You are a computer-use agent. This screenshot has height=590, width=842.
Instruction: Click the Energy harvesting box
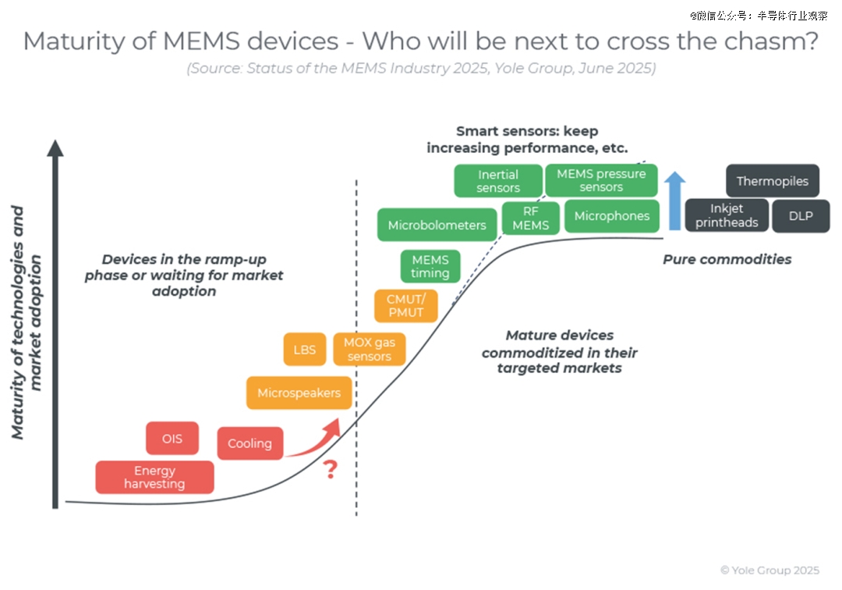(x=154, y=478)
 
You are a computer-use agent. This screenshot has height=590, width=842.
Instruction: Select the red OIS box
(x=172, y=439)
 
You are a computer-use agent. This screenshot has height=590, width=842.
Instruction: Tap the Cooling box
(x=250, y=443)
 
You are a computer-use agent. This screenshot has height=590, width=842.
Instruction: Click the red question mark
(x=331, y=470)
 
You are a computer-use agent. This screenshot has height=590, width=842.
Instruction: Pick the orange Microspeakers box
(x=299, y=393)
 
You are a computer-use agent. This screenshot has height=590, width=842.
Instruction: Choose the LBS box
(x=305, y=349)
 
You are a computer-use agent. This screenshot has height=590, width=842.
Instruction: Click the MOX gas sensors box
(x=370, y=349)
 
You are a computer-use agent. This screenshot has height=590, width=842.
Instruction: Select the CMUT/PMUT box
(x=405, y=305)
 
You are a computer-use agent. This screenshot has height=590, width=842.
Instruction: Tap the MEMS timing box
(x=430, y=266)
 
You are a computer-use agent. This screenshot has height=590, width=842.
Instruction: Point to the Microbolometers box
(x=437, y=225)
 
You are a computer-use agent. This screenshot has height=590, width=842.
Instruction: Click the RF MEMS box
(x=531, y=217)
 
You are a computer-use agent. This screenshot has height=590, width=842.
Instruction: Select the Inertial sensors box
(x=498, y=181)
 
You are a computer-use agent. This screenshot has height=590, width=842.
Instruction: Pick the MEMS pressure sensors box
(x=601, y=180)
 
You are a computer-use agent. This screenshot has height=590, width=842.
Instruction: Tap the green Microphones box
(x=612, y=216)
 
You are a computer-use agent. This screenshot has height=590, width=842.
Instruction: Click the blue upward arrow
(x=675, y=201)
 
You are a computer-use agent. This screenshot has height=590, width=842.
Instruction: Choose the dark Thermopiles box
(x=773, y=181)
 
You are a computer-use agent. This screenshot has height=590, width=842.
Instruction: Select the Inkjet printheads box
(x=727, y=216)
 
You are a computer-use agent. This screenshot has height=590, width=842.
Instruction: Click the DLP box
(x=801, y=216)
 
